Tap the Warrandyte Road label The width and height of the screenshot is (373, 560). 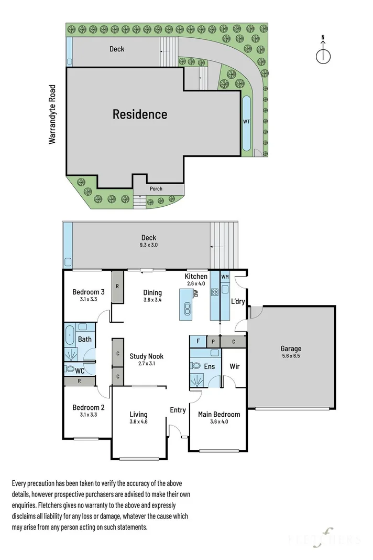pyautogui.click(x=52, y=114)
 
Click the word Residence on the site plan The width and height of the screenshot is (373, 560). pyautogui.click(x=140, y=114)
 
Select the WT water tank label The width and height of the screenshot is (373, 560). pyautogui.click(x=246, y=121)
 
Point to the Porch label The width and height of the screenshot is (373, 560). pyautogui.click(x=156, y=188)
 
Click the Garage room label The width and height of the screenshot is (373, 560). pyautogui.click(x=291, y=348)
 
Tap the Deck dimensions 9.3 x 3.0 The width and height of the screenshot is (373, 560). pyautogui.click(x=149, y=245)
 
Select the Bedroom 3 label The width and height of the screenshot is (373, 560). pyautogui.click(x=89, y=292)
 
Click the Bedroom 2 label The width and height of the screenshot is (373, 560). pyautogui.click(x=89, y=407)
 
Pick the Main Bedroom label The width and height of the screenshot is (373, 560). pyautogui.click(x=219, y=414)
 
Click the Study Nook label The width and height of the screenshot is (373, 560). pyautogui.click(x=147, y=356)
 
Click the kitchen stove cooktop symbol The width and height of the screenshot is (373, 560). pyautogui.click(x=215, y=292)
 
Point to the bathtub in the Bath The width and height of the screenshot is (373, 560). pyautogui.click(x=69, y=336)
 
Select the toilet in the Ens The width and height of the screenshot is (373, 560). pyautogui.click(x=195, y=366)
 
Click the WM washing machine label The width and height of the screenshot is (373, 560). pyautogui.click(x=225, y=277)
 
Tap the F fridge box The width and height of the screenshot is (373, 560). pyautogui.click(x=198, y=341)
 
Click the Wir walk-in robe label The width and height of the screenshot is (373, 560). pyautogui.click(x=234, y=366)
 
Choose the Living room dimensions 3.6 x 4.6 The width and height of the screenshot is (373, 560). pyautogui.click(x=138, y=421)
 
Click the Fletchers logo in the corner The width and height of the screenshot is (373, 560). pyautogui.click(x=324, y=538)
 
